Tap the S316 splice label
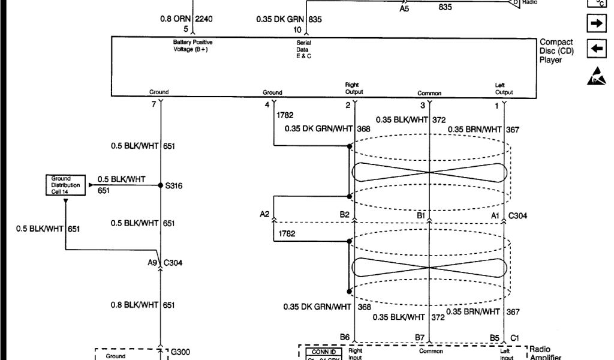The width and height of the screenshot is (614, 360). [x=174, y=186]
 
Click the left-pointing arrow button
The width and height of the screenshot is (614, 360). [x=597, y=49]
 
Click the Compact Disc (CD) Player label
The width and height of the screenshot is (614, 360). [x=556, y=51]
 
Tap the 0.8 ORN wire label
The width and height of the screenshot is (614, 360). [x=174, y=19]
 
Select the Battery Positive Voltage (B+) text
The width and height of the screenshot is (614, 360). [x=192, y=46]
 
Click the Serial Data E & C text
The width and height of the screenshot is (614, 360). [x=304, y=49]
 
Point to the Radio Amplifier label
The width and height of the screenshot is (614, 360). [x=545, y=353]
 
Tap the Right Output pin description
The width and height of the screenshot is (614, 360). [x=353, y=89]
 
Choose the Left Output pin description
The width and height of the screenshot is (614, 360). [x=504, y=89]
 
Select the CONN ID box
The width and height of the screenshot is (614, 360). [x=324, y=352]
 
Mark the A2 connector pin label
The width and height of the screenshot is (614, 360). [x=264, y=215]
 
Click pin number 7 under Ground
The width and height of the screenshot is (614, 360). [x=153, y=105]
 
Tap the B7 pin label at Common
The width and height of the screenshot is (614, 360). [x=420, y=338]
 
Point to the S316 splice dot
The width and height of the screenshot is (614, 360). [x=160, y=185]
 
